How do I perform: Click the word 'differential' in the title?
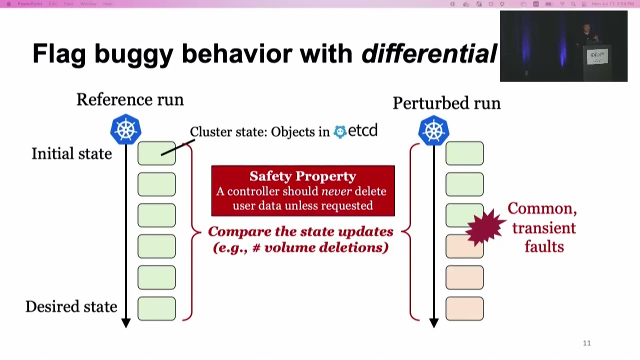tap(429, 53)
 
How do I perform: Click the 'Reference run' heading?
tap(130, 99)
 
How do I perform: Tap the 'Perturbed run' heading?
tap(446, 103)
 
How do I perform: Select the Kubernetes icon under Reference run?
tap(125, 129)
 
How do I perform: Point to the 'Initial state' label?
tap(71, 153)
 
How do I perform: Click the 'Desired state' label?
tap(71, 306)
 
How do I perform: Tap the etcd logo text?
tap(356, 131)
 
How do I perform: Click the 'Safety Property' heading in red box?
tap(302, 176)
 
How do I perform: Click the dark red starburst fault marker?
tap(485, 227)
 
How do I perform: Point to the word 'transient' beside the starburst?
tap(543, 228)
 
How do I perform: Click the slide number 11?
tap(586, 343)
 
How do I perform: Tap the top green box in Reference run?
tap(156, 153)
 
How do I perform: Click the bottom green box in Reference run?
tap(156, 308)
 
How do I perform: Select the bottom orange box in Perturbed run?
tap(464, 308)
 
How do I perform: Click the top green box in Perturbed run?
tap(464, 153)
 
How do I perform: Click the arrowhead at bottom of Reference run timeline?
tap(126, 323)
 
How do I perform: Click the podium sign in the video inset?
tap(597, 56)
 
